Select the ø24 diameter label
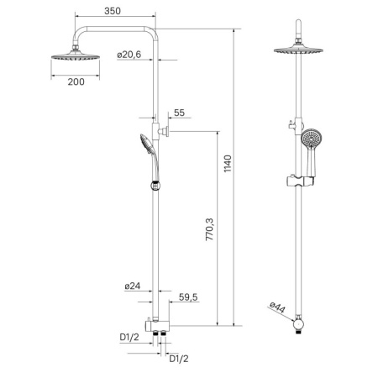click(132, 286)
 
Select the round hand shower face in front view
click(312, 138)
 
